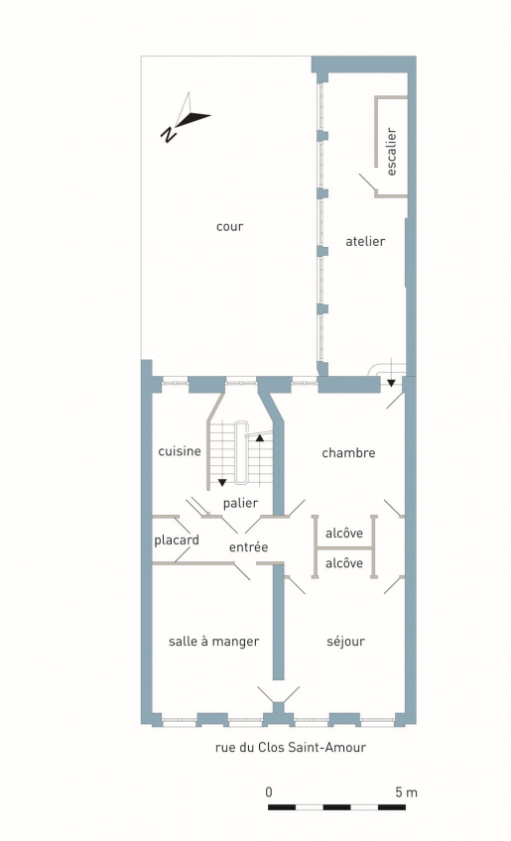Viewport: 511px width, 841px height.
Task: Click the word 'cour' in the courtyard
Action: pos(230,227)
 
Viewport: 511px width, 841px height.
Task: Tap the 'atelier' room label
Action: pos(365,241)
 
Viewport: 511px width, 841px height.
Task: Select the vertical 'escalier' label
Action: pos(391,152)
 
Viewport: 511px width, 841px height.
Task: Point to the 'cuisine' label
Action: pos(180,451)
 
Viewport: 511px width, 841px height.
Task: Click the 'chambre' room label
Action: pos(348,453)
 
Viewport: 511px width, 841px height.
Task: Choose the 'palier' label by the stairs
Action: pos(240,503)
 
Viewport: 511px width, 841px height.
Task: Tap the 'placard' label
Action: pos(177,541)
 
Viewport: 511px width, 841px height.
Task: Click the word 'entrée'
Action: pos(248,547)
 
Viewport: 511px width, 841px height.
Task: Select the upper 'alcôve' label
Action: pos(344,534)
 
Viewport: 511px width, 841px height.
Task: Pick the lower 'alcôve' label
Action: pos(344,563)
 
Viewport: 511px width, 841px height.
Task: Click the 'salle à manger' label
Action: pos(213,642)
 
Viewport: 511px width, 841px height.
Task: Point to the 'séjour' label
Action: pos(345,641)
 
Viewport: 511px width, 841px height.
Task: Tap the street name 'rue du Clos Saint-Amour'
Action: pos(291,747)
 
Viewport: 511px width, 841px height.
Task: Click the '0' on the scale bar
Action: pos(269,792)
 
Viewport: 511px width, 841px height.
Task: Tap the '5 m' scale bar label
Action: pos(407,792)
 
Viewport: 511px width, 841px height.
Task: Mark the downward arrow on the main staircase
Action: pos(222,482)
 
